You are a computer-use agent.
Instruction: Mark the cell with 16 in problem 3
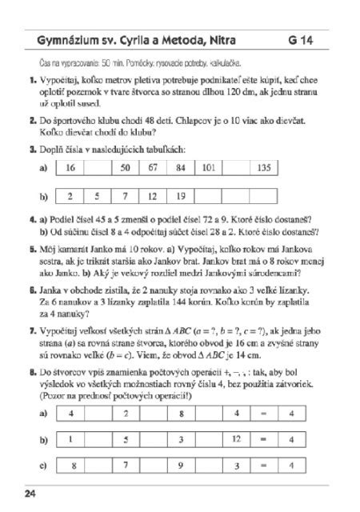[70, 168]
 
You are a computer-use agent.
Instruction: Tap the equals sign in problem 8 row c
[264, 465]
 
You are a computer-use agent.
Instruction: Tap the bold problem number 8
[32, 372]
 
